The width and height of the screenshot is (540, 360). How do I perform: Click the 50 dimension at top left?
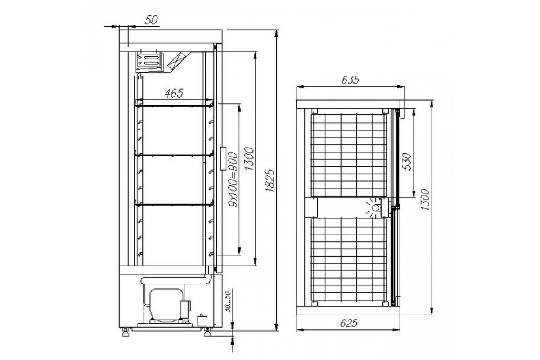(151, 20)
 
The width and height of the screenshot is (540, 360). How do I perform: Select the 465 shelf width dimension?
(174, 93)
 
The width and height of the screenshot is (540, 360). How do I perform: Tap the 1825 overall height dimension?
(270, 180)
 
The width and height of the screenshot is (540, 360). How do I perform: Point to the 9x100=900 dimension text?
(233, 180)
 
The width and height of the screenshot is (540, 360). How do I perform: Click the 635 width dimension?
(350, 80)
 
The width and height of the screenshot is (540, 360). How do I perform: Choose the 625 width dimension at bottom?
(349, 323)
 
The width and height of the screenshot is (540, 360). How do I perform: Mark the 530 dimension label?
(407, 162)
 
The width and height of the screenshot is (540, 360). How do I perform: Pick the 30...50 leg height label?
(228, 301)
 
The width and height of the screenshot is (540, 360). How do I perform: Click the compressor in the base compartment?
(166, 306)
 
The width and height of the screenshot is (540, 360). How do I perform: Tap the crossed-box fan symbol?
(177, 61)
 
